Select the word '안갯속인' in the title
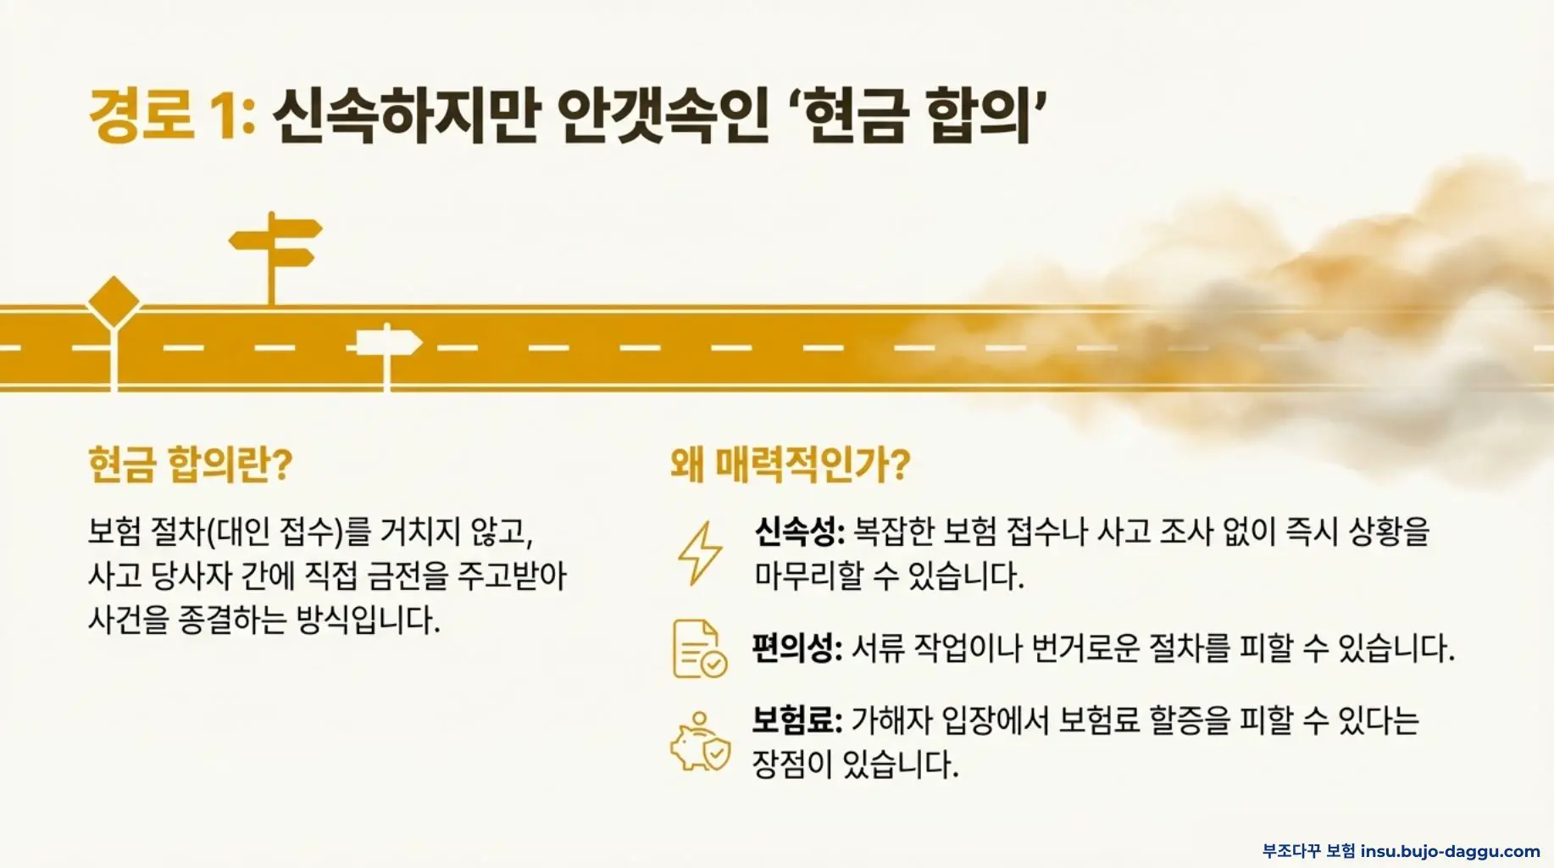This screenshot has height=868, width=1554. point(662,115)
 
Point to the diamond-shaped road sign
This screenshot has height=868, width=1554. point(114,301)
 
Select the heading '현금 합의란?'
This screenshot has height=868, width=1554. point(190,464)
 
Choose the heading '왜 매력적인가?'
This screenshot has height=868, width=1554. point(790,464)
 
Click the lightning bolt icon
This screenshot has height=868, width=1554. point(700,553)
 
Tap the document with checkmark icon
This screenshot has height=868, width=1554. point(699,649)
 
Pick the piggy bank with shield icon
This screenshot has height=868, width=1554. point(700,743)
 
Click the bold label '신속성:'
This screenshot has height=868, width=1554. point(799,531)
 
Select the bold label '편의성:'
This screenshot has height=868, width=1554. point(797,648)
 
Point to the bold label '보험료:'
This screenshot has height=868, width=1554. point(797,721)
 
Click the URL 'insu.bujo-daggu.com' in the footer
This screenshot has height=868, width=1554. point(1450,851)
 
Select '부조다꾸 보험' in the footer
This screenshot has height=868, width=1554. point(1308,851)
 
